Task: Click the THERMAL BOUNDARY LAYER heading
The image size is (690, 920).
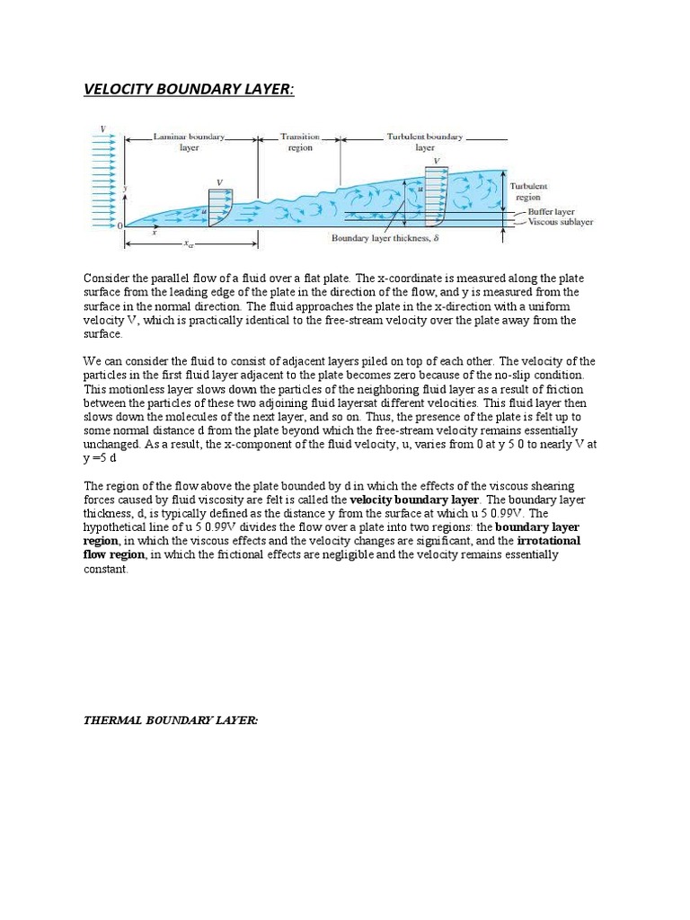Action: [x=170, y=721]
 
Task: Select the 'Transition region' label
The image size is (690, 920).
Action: [x=300, y=142]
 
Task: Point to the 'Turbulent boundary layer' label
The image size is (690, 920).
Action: [x=425, y=142]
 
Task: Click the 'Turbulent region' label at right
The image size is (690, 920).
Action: [x=529, y=190]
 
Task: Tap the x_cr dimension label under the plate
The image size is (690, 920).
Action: [x=189, y=243]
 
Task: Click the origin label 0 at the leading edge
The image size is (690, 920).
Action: [x=119, y=226]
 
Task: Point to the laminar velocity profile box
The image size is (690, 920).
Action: [x=220, y=207]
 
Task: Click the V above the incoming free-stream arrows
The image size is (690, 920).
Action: [x=102, y=129]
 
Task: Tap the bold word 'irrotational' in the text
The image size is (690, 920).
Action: [x=549, y=542]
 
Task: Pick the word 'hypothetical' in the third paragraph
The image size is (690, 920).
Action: [x=117, y=527]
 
